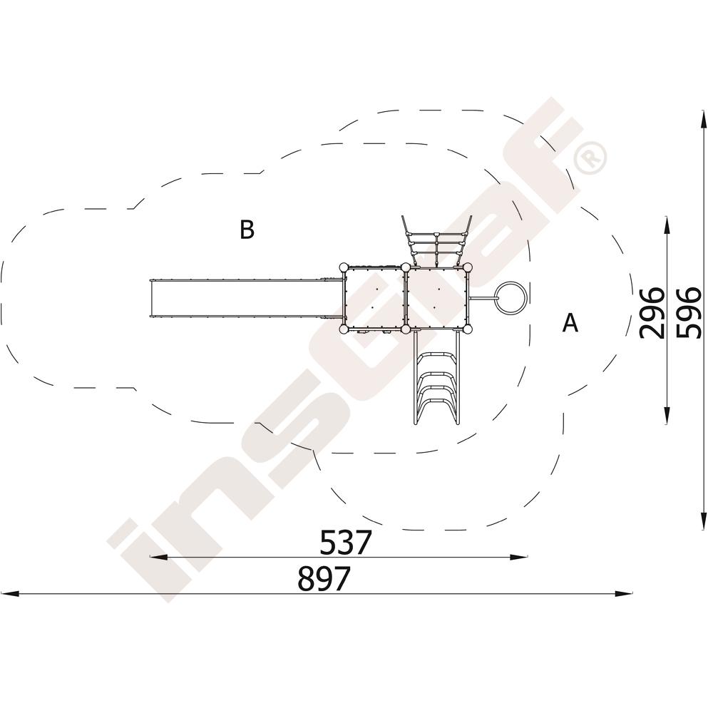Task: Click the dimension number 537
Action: click(346, 542)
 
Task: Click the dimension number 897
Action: click(324, 578)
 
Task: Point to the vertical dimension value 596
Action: click(689, 313)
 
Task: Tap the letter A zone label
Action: click(570, 323)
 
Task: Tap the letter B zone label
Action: click(247, 230)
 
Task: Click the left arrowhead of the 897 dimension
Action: click(9, 593)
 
